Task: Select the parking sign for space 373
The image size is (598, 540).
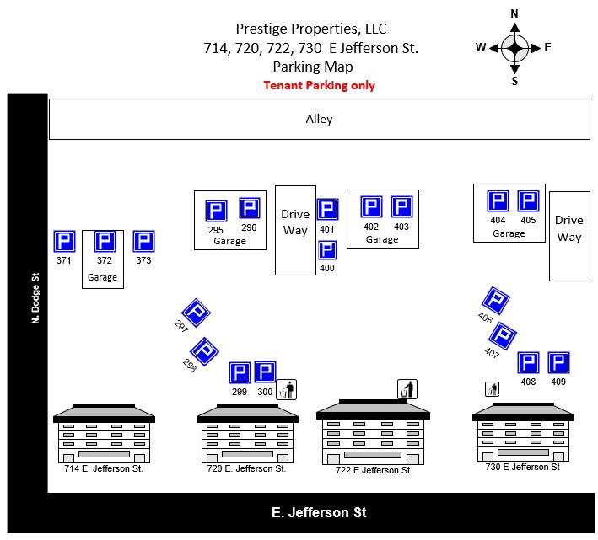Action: coord(144,242)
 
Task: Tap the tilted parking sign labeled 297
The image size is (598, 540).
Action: coord(196,313)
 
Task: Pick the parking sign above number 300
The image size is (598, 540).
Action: coord(266,372)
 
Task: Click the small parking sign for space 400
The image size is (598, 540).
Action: coord(328,250)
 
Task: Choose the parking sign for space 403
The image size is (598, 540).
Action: coord(401,207)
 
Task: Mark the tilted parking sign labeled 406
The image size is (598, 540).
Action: coord(495,301)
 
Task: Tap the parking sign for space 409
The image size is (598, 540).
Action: coord(558,362)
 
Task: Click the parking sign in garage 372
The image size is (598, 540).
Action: coord(105,243)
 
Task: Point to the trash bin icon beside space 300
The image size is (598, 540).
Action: coord(287,389)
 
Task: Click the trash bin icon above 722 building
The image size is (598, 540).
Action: coord(407,389)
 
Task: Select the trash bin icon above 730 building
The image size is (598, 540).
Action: coord(493,388)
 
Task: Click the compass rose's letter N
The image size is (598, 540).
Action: coord(514,14)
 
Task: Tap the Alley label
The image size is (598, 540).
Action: coord(319,120)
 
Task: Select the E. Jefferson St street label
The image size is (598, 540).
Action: coord(319,512)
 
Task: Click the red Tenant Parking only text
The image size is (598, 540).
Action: coord(319,85)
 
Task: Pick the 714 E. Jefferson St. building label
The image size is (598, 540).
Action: coord(104,468)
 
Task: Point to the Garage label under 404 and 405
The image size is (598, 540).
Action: coord(509,233)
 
